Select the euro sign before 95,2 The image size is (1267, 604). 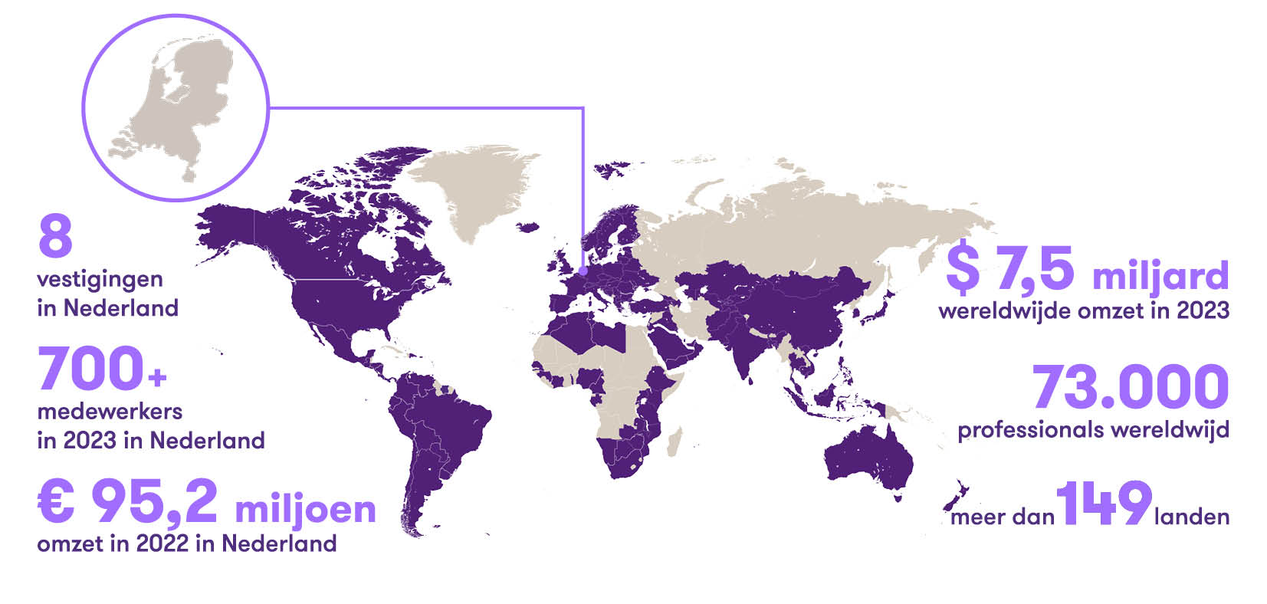(x=57, y=501)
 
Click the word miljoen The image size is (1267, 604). (x=305, y=509)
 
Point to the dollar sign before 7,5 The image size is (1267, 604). (x=963, y=268)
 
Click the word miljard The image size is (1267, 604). (x=1160, y=274)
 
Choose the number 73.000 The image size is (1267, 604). (x=1131, y=387)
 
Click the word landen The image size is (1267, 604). (x=1191, y=517)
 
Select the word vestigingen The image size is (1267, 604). (x=100, y=279)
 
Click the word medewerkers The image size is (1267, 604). (x=110, y=412)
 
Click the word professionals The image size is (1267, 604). (x=1030, y=430)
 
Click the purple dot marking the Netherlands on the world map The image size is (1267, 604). (x=583, y=270)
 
